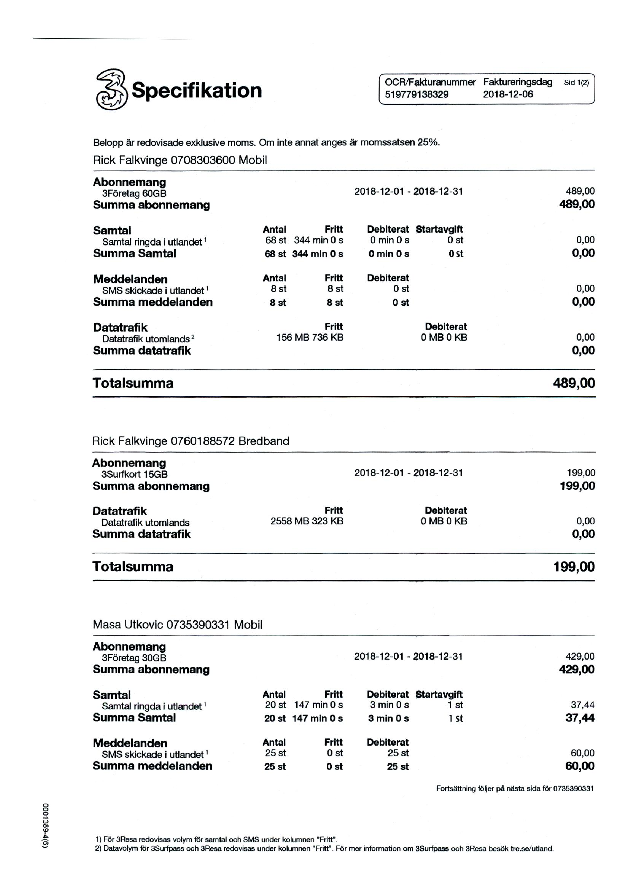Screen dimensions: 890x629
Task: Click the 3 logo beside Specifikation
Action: tap(111, 90)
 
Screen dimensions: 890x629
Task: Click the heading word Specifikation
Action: tap(197, 90)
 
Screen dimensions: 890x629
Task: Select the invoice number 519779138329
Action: tap(417, 94)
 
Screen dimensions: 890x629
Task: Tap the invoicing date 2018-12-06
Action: tap(508, 94)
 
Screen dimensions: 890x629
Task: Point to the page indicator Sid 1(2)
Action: tap(576, 82)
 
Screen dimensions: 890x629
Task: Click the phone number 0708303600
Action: tap(203, 160)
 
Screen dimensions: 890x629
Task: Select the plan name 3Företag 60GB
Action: tap(134, 193)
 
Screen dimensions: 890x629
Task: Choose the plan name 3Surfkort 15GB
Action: tap(134, 474)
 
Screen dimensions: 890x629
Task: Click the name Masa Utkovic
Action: tap(128, 625)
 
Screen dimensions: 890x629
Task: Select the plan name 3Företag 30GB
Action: tap(134, 658)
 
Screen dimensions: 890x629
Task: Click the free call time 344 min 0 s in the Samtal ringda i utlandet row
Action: tap(318, 240)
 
